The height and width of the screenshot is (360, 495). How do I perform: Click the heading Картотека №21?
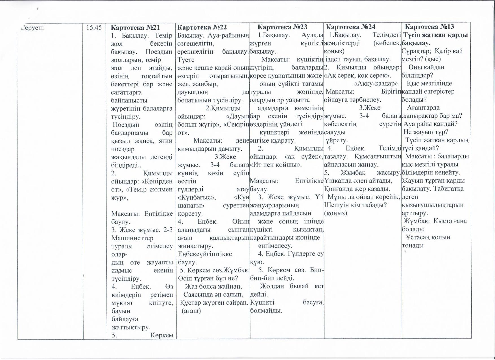tap(135, 27)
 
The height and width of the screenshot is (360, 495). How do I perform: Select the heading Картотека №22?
tap(202, 27)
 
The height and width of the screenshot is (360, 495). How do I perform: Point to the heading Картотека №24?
tap(350, 27)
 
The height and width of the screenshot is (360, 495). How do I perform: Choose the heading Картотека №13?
tap(429, 27)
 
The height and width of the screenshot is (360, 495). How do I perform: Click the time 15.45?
tap(94, 27)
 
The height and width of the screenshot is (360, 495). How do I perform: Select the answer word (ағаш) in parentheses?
tap(191, 311)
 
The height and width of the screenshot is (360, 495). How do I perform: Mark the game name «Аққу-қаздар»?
tap(377, 84)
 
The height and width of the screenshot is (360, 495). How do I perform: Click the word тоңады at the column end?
tap(413, 245)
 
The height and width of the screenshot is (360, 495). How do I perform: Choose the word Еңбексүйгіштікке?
tap(205, 254)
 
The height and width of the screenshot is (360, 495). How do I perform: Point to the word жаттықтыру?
tap(131, 327)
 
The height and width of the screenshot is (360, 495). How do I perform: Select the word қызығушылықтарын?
tap(432, 205)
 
